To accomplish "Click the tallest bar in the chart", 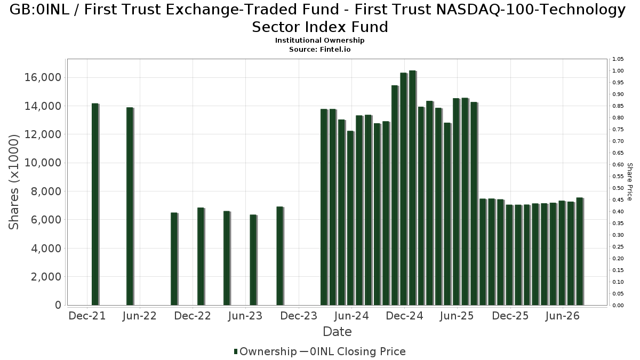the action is [413, 188].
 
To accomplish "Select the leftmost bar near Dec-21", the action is [95, 204].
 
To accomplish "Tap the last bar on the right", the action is [580, 251].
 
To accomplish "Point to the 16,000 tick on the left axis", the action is [43, 77].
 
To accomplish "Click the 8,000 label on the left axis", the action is [46, 191].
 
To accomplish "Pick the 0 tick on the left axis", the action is [58, 305].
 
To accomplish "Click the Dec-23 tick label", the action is [299, 316].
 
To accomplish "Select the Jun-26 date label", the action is [562, 316].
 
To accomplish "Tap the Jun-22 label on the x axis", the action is [139, 316].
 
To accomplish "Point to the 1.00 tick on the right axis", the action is [618, 71].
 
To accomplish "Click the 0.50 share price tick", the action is [618, 188].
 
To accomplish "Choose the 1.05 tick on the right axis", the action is [618, 59].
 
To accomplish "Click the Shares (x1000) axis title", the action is [14, 182].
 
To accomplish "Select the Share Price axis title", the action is [630, 182].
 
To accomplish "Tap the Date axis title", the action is [337, 332].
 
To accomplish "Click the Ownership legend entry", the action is [266, 351].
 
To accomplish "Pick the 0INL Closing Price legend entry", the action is [354, 351].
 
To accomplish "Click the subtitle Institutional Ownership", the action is [319, 41].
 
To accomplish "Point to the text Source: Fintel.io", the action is [319, 50].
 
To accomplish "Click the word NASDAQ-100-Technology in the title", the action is [531, 10].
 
